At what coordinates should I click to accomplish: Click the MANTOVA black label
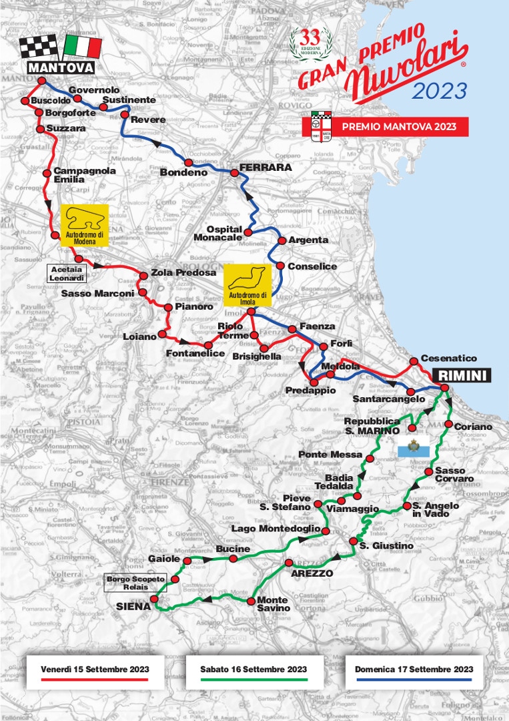point(60,67)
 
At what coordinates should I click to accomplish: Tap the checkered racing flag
point(38,47)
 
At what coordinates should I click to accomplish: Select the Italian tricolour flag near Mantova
point(83,47)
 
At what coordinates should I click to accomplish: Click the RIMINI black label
point(462,375)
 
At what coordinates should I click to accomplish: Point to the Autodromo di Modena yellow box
point(84,226)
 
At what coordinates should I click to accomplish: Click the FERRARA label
point(266,168)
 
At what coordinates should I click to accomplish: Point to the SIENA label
point(133,607)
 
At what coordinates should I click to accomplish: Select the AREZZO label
point(312,573)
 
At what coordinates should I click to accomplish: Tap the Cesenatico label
point(449,358)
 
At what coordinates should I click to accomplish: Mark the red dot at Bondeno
point(189,163)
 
